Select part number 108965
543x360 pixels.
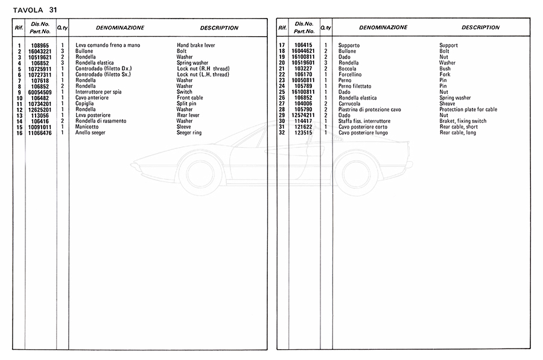click(x=40, y=45)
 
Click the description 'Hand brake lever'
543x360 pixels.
click(x=195, y=45)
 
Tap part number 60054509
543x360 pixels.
click(x=40, y=92)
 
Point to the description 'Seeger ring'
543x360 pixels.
click(x=189, y=133)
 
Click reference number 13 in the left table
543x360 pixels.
click(x=19, y=115)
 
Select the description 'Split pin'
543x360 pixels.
click(x=187, y=104)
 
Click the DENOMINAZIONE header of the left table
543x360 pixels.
click(x=120, y=28)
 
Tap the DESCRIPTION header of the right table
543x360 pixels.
click(x=480, y=28)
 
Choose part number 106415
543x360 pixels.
click(x=303, y=45)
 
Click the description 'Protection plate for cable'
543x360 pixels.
click(x=468, y=109)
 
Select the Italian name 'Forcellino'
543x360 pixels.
click(x=351, y=74)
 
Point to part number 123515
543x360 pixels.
click(x=303, y=133)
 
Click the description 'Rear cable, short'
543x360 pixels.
click(x=459, y=127)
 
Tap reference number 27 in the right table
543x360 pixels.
click(x=282, y=104)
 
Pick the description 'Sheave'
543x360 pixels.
click(x=448, y=104)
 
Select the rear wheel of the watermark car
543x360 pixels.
click(x=356, y=174)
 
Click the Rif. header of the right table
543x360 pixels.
click(x=282, y=28)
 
